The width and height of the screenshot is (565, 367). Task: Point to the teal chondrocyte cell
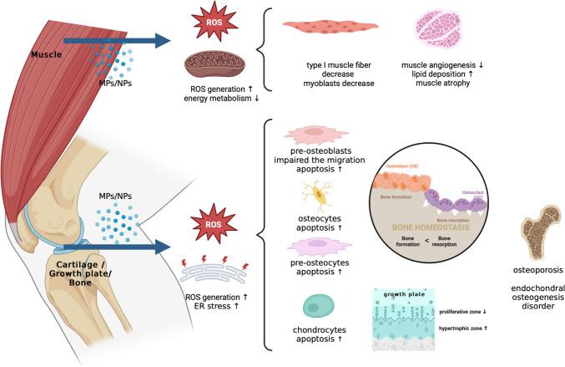pos(318,306)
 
